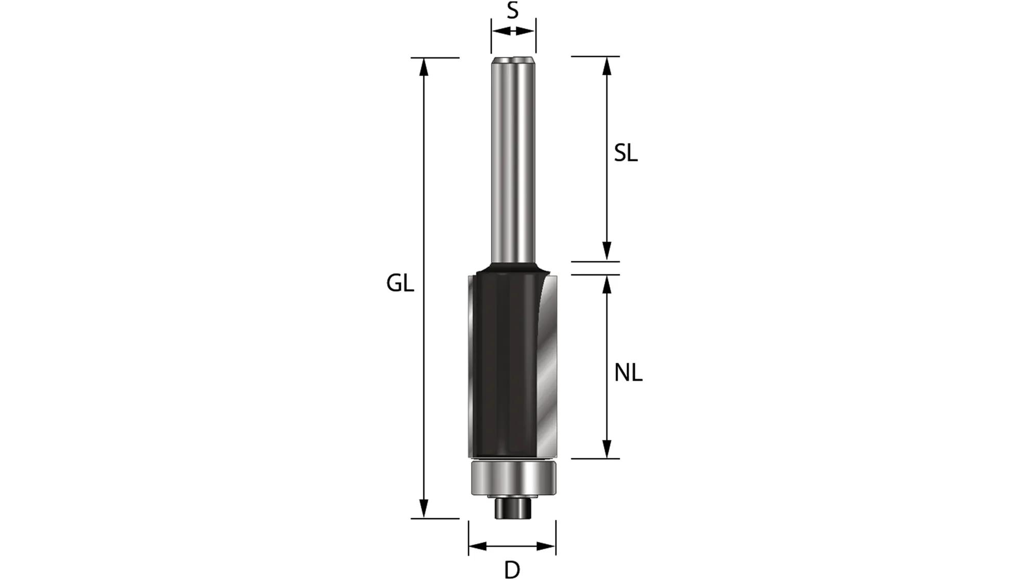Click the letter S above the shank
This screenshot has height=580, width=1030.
click(x=512, y=10)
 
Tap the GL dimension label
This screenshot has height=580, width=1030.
click(x=400, y=284)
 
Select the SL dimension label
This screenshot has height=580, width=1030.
click(x=626, y=153)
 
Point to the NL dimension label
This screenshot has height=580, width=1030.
click(x=628, y=373)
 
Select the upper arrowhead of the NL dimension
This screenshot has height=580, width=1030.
click(x=607, y=284)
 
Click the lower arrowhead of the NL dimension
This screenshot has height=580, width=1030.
click(x=607, y=450)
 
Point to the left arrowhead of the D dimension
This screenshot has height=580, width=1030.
click(x=477, y=546)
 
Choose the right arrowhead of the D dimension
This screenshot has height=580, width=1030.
click(x=547, y=546)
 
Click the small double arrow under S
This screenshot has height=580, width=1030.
click(x=513, y=31)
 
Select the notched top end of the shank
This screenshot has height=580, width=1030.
click(x=513, y=61)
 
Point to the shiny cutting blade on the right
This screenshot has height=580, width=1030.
click(x=547, y=371)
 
